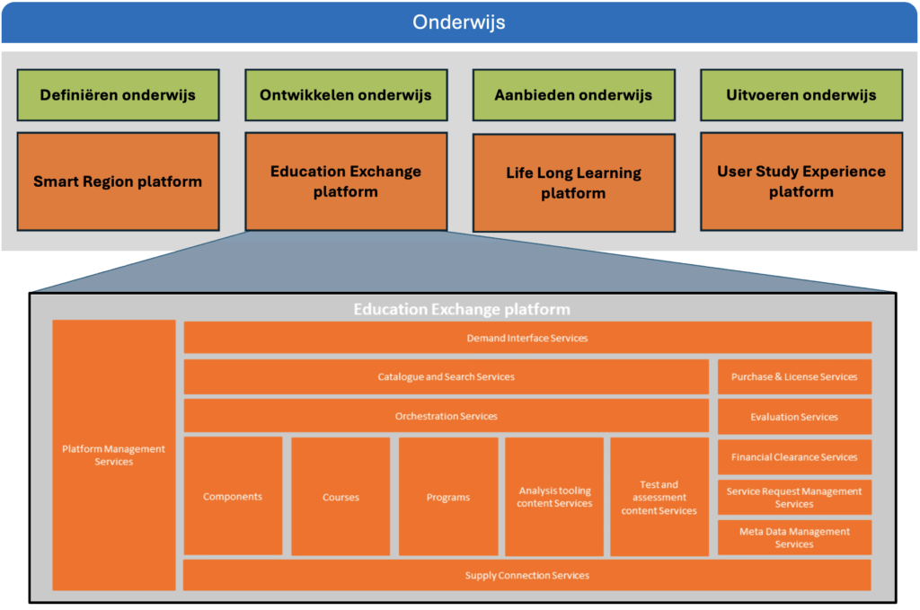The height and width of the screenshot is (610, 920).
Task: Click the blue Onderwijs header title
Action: point(459,22)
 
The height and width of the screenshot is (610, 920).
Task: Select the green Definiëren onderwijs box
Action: point(117,94)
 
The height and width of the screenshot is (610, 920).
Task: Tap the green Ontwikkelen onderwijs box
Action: point(345,94)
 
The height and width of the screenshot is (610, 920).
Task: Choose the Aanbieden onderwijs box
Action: point(573,94)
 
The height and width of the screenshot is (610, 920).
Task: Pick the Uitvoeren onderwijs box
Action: point(801,94)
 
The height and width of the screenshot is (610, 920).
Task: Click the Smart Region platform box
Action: point(117,181)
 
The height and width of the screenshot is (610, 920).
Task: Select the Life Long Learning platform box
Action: point(573,182)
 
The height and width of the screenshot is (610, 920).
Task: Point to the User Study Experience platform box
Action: point(801,181)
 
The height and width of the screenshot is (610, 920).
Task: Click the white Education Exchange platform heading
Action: point(461,309)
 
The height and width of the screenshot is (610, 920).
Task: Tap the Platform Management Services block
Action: point(114,455)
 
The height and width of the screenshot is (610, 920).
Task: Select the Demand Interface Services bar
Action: point(527,338)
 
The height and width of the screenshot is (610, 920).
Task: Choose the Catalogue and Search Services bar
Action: point(446,376)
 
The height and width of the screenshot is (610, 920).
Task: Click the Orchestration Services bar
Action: point(446,416)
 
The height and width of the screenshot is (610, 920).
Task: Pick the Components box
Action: point(233,496)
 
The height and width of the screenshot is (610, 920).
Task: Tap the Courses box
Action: point(341,496)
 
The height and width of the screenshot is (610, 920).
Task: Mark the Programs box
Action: point(448,496)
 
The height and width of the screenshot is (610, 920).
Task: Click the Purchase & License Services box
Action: point(794,376)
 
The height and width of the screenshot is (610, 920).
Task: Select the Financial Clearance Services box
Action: point(794,456)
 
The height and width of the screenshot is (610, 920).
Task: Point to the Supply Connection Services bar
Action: point(527,575)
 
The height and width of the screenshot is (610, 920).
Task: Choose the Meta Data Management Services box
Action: point(794,537)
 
